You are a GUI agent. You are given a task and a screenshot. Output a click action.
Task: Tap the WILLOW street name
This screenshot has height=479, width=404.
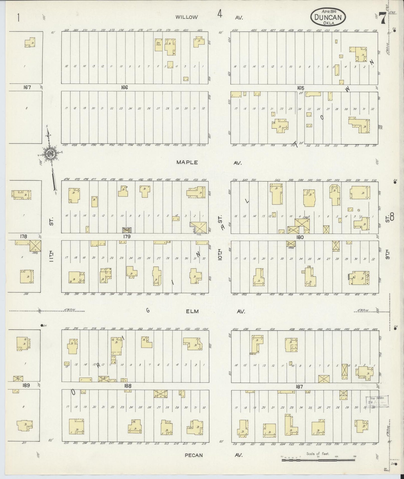(x=186, y=17)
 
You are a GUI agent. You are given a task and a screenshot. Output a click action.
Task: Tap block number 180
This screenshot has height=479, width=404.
(x=300, y=237)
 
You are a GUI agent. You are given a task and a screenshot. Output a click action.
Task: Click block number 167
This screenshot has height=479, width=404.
(x=27, y=87)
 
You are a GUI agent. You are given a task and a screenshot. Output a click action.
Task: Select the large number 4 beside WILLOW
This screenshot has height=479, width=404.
(x=220, y=14)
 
